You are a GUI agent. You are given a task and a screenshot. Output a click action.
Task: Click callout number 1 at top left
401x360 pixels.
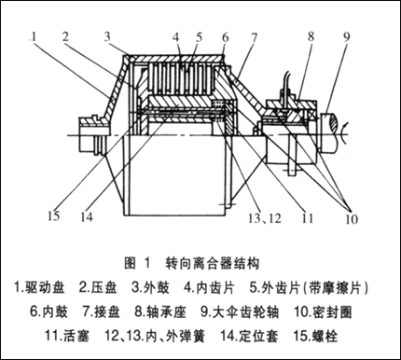point(33,37)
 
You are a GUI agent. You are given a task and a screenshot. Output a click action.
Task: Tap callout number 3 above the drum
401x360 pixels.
point(107,36)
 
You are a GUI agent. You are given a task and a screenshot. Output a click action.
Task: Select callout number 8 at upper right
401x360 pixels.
point(311,36)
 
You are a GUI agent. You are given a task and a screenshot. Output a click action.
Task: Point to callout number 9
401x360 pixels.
point(346,36)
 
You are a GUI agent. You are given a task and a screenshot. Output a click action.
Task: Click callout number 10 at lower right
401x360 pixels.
point(352,219)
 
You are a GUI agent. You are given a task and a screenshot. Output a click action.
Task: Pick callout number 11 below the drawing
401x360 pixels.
point(307,218)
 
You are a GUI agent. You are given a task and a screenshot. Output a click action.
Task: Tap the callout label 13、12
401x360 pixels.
point(265,218)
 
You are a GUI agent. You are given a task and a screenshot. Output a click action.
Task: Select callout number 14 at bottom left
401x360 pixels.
point(87,216)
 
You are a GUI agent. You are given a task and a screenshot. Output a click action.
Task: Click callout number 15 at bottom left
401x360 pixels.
point(53,215)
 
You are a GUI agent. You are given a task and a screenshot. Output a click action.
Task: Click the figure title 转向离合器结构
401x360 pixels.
point(213,264)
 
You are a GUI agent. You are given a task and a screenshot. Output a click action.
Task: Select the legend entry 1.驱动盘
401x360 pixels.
point(40,288)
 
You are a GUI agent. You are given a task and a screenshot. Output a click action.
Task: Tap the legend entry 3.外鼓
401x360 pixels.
point(150,288)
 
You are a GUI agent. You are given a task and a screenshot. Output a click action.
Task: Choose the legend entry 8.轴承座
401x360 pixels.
point(160,312)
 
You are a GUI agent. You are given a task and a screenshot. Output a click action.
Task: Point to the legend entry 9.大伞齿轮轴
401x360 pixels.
point(240,312)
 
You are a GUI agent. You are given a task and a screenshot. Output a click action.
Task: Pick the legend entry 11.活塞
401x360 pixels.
point(67,336)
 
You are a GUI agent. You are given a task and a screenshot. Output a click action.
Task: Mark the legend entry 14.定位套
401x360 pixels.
point(250,336)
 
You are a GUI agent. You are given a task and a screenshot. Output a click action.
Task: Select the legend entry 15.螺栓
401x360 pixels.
point(315,336)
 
